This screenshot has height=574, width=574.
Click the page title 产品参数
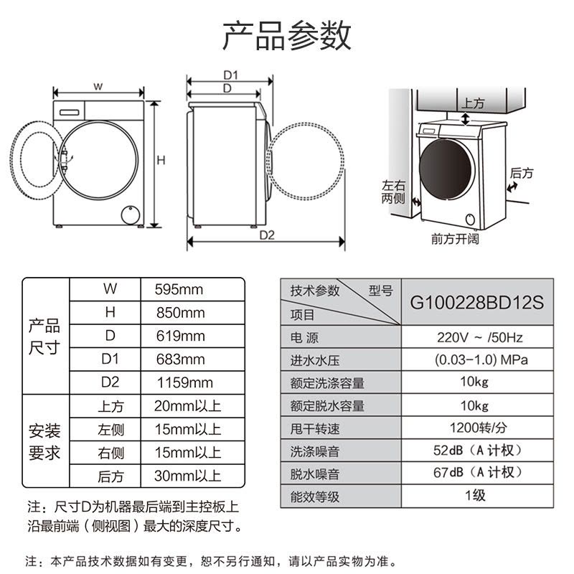pos(286,34)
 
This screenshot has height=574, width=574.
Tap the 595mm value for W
pos(179,290)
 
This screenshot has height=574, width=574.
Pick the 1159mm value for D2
pos(184,382)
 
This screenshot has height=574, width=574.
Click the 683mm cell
pos(180,359)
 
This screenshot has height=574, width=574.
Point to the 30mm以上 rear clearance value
pos(187,476)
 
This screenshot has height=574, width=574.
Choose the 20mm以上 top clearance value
pos(187,406)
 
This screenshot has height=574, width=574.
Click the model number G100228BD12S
pos(477,303)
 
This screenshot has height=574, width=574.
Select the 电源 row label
pos(304,338)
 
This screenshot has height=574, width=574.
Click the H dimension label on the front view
pos(161,161)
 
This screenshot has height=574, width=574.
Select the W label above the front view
pos(98,87)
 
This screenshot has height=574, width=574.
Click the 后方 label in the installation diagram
pos(521,173)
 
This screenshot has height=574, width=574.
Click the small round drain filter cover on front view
pos(129,214)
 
